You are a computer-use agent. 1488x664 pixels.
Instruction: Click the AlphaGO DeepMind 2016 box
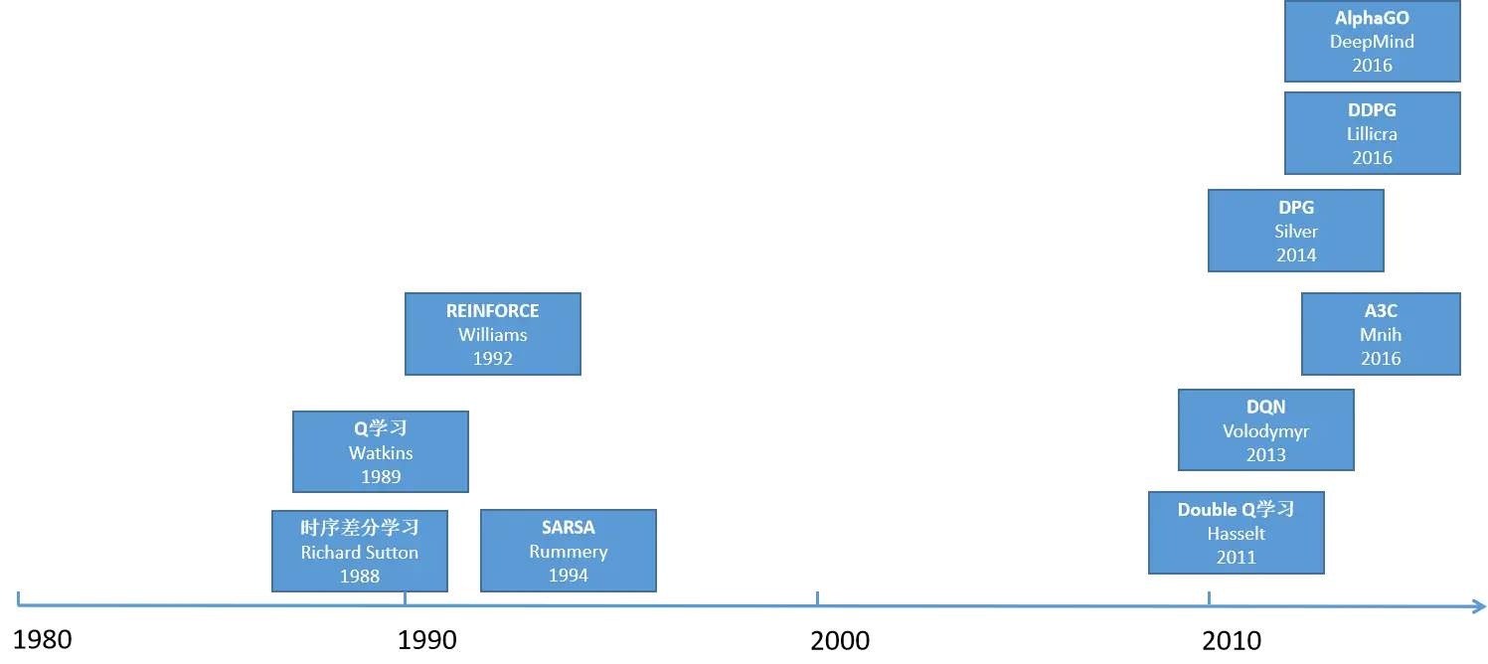(1373, 41)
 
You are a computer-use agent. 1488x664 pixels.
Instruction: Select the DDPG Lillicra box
(1373, 133)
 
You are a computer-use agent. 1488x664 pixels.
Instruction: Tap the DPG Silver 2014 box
(1296, 231)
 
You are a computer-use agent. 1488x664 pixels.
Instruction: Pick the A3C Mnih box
(1381, 334)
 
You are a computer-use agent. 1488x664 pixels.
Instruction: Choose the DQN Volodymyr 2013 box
(1266, 430)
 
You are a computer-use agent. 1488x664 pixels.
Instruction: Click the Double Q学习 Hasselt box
(1237, 533)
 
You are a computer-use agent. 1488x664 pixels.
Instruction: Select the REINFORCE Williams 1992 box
(493, 334)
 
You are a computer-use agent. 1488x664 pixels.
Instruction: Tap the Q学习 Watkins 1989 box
(381, 451)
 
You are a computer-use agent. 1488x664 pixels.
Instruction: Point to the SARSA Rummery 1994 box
(569, 551)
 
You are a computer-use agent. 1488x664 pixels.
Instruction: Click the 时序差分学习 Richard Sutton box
(360, 551)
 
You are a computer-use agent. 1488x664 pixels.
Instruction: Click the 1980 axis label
(43, 640)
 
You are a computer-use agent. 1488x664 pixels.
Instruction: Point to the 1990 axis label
(427, 640)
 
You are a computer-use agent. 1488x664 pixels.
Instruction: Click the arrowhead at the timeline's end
(1484, 606)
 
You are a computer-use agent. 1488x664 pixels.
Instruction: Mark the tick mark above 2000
(817, 598)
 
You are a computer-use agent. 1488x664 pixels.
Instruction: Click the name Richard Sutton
(360, 553)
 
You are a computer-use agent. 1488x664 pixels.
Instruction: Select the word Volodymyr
(1266, 431)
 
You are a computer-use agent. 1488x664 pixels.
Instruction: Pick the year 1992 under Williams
(493, 359)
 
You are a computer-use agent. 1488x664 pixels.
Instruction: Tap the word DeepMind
(1373, 42)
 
